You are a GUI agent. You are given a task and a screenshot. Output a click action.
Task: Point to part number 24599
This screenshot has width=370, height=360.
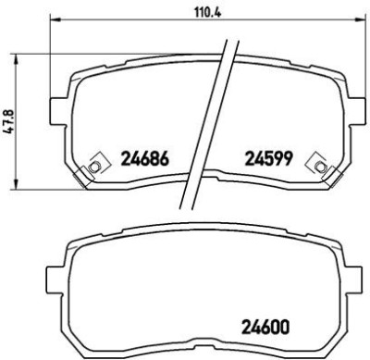(268, 158)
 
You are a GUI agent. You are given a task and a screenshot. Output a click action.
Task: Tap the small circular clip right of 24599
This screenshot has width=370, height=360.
(321, 167)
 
